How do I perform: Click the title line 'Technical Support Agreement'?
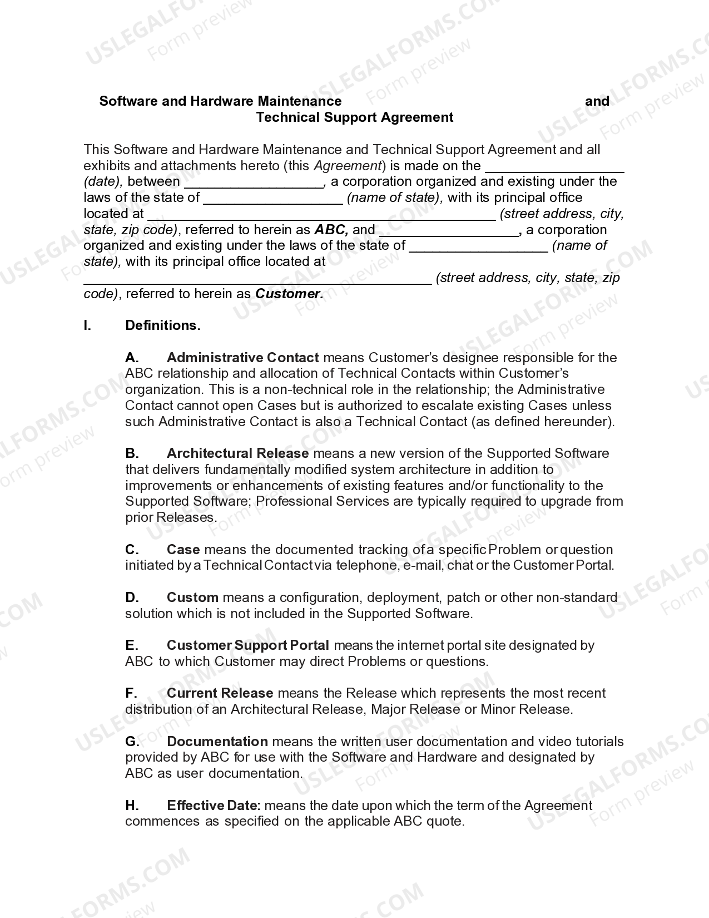click(355, 117)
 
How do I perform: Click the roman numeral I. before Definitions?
click(87, 325)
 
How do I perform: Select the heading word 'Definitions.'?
click(163, 325)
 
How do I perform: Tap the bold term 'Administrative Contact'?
click(242, 357)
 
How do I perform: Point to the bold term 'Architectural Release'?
click(237, 453)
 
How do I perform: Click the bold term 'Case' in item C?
click(183, 550)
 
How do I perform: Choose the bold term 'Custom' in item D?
click(192, 598)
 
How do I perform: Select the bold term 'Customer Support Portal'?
click(247, 645)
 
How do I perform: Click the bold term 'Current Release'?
click(220, 693)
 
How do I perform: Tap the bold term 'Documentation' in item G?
click(217, 742)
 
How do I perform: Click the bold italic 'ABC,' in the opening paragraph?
click(331, 230)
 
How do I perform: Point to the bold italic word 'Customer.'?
click(289, 294)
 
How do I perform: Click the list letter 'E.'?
click(132, 645)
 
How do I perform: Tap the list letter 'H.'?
click(132, 806)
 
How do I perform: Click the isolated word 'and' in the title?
click(597, 101)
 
